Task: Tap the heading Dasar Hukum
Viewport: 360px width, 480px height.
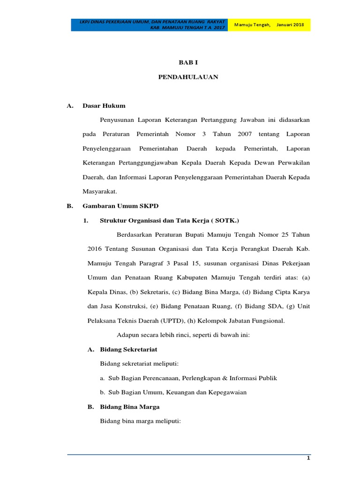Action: click(x=104, y=106)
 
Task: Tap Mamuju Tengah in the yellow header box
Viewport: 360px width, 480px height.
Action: click(x=252, y=24)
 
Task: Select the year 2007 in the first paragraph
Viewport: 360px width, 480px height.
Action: click(x=245, y=135)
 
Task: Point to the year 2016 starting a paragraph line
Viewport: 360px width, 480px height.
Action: click(x=95, y=248)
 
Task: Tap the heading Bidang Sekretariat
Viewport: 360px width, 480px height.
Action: click(x=128, y=349)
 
